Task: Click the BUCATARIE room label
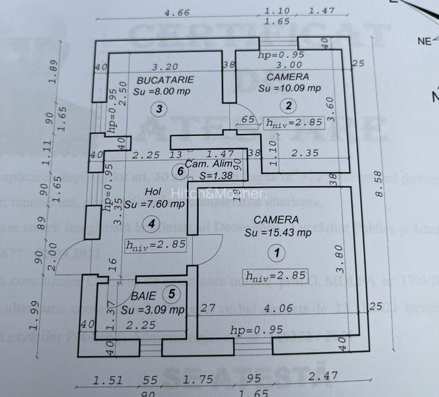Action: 165,80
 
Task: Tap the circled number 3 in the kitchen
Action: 160,109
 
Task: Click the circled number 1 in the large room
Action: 276,251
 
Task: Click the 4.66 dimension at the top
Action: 176,13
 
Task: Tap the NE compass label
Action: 423,41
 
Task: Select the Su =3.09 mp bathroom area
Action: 152,310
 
